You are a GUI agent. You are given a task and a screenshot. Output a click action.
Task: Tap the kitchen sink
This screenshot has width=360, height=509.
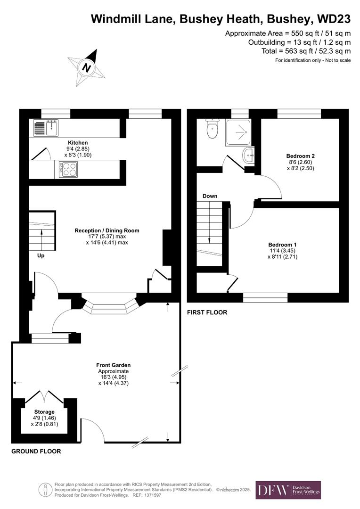click(x=46, y=127)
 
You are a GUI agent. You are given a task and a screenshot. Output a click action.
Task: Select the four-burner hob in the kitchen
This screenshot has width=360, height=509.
click(x=68, y=169)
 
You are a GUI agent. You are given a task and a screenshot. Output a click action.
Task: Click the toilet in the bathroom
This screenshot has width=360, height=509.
click(x=212, y=129)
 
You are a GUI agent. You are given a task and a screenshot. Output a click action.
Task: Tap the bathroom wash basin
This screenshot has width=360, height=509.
click(x=248, y=155)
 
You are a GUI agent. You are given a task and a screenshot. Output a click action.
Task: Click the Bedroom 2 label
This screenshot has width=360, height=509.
click(x=300, y=156)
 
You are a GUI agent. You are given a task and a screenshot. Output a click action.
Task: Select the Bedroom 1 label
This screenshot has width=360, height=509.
click(x=282, y=245)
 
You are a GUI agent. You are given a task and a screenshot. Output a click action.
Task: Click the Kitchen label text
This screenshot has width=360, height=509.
click(x=78, y=143)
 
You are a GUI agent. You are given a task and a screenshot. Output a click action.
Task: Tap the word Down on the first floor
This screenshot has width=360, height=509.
click(x=210, y=196)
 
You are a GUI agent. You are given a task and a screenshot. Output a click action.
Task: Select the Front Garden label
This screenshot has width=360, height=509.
click(x=113, y=365)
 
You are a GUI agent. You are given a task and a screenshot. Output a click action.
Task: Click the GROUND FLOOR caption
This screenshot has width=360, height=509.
click(x=36, y=452)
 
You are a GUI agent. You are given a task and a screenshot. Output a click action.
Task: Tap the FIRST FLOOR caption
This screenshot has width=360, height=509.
click(x=207, y=312)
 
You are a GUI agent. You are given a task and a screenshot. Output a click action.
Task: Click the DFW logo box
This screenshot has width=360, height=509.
click(x=288, y=490)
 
